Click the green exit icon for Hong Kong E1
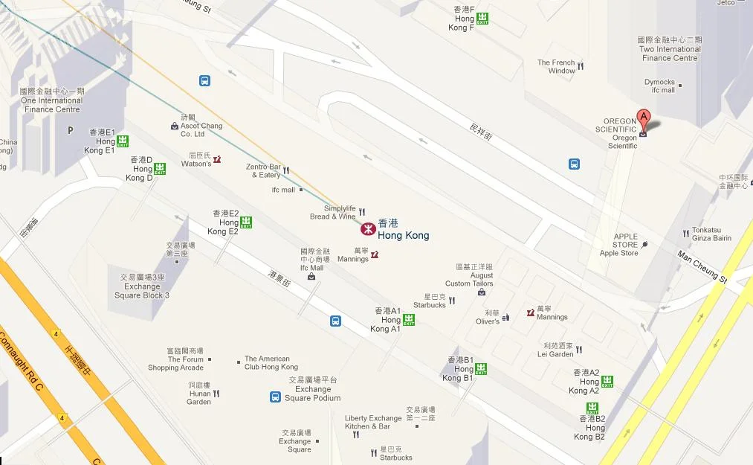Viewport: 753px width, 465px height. click(123, 141)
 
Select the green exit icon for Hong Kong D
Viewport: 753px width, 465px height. click(160, 169)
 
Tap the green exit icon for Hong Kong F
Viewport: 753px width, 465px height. click(483, 19)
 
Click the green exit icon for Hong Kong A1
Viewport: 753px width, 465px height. click(409, 320)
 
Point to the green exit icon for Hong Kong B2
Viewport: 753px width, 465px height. click(592, 408)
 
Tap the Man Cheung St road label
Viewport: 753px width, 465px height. click(702, 266)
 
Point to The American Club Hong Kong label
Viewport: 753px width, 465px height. click(271, 363)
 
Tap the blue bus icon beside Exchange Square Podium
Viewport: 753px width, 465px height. click(276, 397)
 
